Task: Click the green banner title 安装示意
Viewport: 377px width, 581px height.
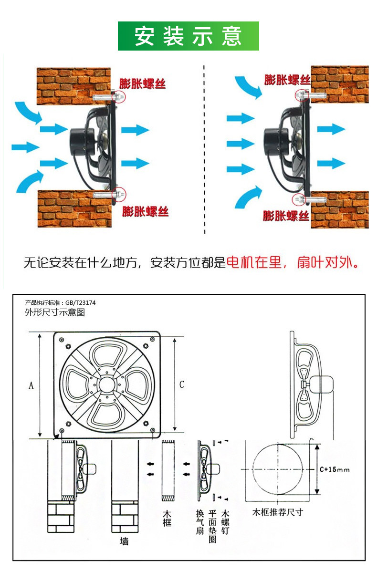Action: click(188, 36)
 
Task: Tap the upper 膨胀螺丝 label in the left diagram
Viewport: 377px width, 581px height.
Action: click(142, 84)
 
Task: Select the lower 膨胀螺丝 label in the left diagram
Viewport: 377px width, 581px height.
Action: click(145, 211)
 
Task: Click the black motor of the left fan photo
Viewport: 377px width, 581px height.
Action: click(80, 140)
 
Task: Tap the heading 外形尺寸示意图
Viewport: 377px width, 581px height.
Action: click(55, 312)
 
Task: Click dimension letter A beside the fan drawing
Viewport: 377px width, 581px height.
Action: click(31, 385)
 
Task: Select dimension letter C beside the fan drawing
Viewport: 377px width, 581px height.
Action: click(181, 384)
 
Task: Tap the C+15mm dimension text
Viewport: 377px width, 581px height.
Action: click(335, 470)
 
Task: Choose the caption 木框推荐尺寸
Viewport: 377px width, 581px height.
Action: click(277, 512)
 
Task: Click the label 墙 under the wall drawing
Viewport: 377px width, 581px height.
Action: click(124, 541)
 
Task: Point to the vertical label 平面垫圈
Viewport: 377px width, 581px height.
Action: click(213, 527)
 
